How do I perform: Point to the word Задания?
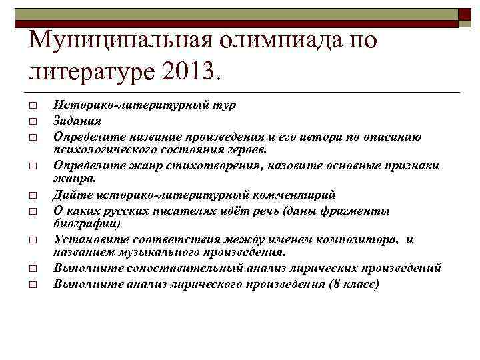tap(77, 121)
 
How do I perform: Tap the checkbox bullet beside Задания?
tap(31, 121)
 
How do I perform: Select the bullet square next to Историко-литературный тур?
tap(31, 106)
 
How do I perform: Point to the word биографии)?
tap(87, 224)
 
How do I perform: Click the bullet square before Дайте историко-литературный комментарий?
tap(31, 196)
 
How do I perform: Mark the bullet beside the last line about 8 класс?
tap(31, 285)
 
